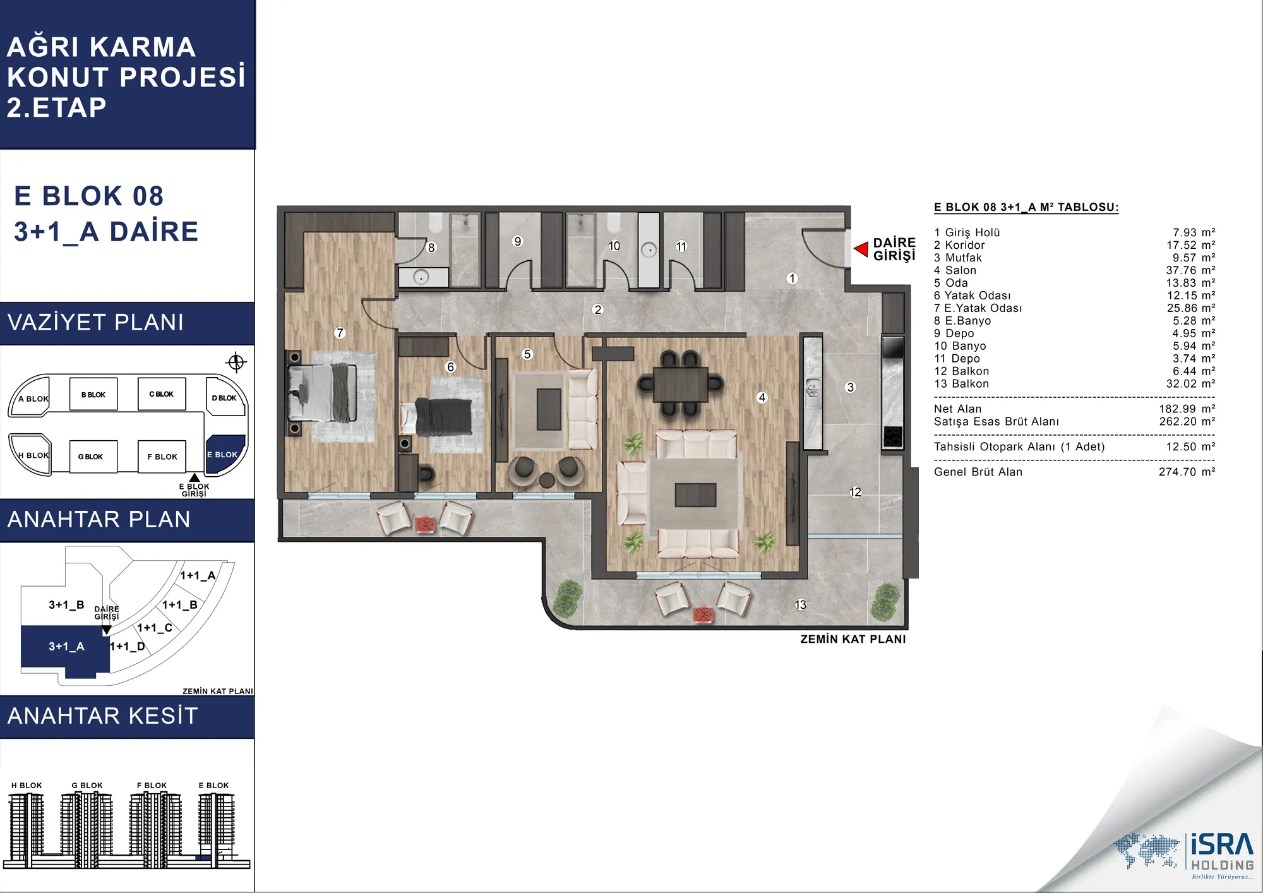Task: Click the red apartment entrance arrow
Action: coord(861,249)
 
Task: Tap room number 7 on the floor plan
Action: coord(340,333)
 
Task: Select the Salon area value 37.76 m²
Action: coord(1190,270)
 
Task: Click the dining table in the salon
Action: coord(680,384)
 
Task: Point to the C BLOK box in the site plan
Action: coord(162,394)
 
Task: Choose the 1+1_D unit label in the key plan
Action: coord(128,647)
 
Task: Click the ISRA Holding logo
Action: coord(1185,854)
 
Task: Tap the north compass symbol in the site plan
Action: coord(236,363)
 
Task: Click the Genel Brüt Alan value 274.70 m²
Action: coord(1187,472)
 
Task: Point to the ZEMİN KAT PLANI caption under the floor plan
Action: coord(853,639)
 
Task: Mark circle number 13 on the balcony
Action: coord(800,605)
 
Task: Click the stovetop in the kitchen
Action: coord(892,436)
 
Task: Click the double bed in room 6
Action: coord(436,416)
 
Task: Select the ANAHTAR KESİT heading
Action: coord(103,716)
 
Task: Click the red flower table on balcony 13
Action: coord(702,614)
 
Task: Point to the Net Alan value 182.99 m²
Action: coord(1187,409)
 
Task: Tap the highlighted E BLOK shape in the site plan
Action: coord(224,453)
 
